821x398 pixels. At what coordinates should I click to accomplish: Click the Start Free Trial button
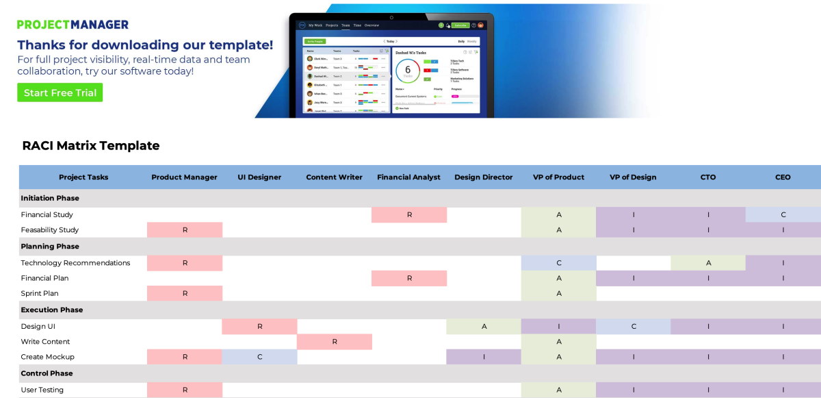tap(60, 92)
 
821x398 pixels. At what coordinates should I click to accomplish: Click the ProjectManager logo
tap(73, 24)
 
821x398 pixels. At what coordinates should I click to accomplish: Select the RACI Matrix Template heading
tap(91, 146)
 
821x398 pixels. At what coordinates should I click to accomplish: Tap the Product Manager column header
tap(184, 177)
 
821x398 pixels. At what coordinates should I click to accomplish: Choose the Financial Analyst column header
tap(408, 177)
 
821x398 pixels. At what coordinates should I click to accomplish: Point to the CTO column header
tap(708, 177)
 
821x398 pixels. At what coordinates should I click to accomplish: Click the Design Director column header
tap(483, 177)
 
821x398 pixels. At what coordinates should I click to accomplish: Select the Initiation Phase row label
tap(50, 198)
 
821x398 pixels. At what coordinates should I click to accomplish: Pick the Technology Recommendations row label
tap(75, 262)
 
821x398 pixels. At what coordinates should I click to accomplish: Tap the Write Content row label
tap(45, 341)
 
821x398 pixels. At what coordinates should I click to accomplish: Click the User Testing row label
tap(42, 390)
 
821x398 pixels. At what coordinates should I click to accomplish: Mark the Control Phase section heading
tap(46, 373)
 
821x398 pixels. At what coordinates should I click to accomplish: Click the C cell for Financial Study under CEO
tap(783, 214)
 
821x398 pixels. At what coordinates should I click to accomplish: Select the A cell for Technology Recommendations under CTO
tap(708, 262)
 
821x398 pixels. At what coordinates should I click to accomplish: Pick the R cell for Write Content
tap(335, 341)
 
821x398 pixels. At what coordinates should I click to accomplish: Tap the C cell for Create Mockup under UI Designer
tap(259, 357)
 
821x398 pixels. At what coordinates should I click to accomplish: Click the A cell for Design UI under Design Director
tap(484, 327)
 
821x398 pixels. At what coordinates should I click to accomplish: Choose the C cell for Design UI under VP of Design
tap(634, 327)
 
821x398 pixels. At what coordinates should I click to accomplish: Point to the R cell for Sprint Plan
tap(185, 293)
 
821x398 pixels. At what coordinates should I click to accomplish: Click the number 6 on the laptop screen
tap(408, 70)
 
